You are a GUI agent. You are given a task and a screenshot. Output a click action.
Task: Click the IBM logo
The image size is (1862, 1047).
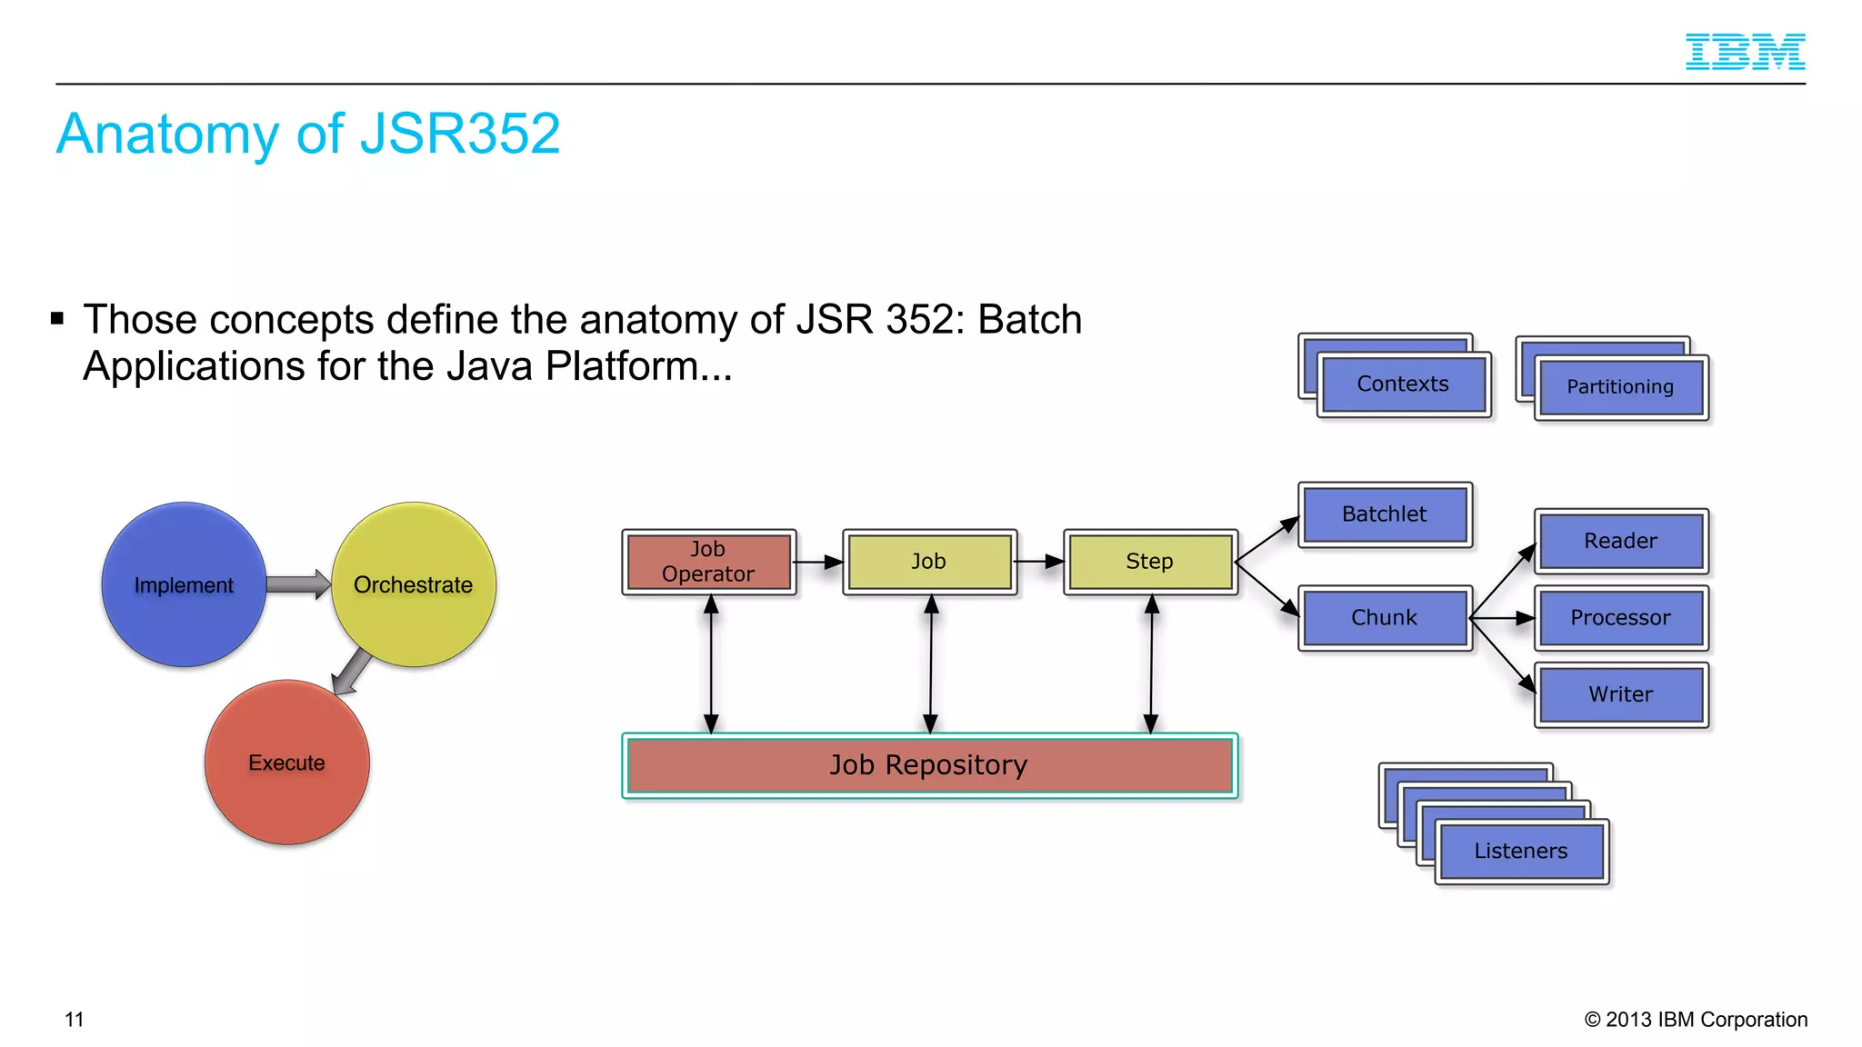pos(1745,52)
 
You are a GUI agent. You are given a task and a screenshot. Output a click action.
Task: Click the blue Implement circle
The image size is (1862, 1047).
pos(184,584)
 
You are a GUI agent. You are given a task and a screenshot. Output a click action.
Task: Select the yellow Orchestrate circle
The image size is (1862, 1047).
pos(414,584)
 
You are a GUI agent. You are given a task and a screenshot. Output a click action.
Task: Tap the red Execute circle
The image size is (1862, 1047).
pos(286,763)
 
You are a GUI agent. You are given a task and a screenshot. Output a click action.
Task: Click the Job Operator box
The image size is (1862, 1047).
pos(708,562)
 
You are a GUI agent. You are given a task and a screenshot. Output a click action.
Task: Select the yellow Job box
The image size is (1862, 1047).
pos(929,562)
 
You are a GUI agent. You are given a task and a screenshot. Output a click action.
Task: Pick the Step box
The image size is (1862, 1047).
pos(1150,562)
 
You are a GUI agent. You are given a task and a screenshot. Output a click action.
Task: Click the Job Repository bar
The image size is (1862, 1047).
pos(929,765)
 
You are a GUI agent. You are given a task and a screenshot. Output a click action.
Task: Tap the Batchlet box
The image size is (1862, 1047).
pos(1385,514)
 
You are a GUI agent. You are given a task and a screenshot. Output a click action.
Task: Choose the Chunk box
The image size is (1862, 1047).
pos(1385,618)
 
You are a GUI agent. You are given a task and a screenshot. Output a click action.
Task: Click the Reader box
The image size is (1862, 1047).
pos(1621,541)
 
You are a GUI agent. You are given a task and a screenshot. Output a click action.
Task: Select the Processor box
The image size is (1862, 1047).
pos(1621,618)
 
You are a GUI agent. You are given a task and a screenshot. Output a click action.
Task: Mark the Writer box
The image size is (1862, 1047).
pos(1621,694)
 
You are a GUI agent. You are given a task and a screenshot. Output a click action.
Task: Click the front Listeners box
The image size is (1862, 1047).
pos(1521,852)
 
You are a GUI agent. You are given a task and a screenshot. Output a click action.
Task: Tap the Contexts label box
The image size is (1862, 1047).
pos(1403,384)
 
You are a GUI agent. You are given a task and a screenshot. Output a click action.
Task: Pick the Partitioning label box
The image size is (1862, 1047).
pos(1620,387)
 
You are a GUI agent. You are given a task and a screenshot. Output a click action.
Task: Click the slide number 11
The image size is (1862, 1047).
pos(75,1020)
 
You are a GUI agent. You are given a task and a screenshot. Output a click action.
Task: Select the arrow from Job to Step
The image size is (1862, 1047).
pos(1039,562)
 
